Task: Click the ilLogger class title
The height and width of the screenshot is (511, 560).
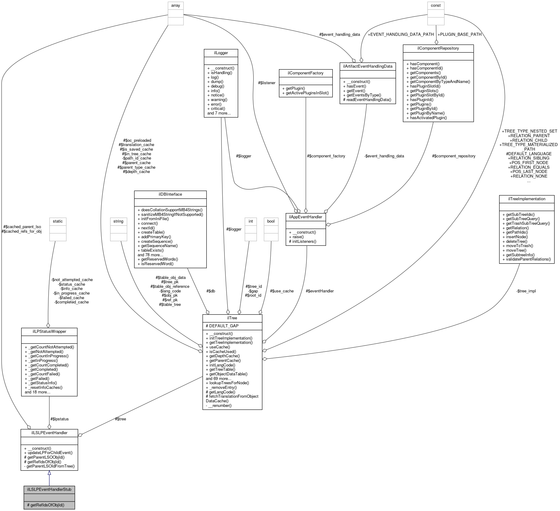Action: click(x=221, y=53)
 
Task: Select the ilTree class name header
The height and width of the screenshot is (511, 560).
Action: click(x=232, y=318)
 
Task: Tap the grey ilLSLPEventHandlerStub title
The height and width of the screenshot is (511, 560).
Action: click(x=49, y=489)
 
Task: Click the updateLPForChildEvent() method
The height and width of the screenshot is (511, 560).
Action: click(x=50, y=453)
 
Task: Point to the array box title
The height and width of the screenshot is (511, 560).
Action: click(x=176, y=5)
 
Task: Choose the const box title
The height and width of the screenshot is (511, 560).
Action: click(x=436, y=5)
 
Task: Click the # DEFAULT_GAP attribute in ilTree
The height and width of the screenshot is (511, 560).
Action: click(x=222, y=326)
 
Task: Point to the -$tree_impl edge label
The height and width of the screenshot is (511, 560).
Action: click(x=526, y=291)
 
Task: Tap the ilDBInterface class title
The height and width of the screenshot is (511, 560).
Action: click(x=170, y=194)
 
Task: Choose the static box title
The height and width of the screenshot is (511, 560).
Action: click(x=57, y=221)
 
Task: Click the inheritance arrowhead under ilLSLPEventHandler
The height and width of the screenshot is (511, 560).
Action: click(x=49, y=473)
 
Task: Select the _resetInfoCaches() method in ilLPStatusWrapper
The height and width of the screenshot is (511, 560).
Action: click(x=45, y=387)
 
